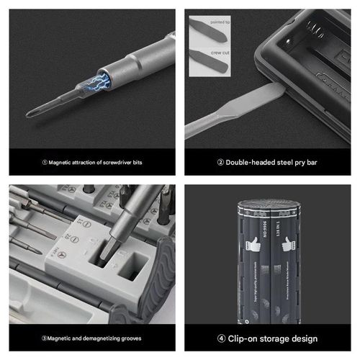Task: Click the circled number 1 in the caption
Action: [x=44, y=163]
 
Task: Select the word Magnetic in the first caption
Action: [x=62, y=163]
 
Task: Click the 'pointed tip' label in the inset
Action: [x=221, y=24]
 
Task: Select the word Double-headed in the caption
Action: [x=246, y=163]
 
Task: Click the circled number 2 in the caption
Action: [x=220, y=163]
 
